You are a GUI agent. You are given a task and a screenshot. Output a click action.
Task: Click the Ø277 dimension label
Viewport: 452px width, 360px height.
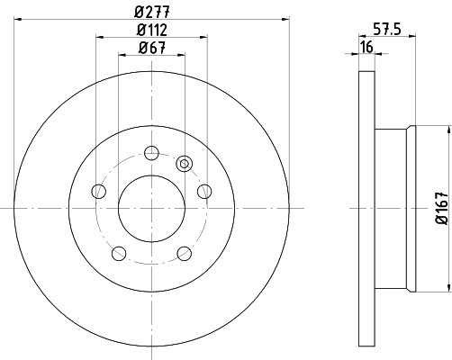click(x=152, y=12)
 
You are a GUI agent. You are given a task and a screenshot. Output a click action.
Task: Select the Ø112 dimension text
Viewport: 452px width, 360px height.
click(x=152, y=30)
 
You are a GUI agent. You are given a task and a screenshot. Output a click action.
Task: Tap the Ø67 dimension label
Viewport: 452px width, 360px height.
click(x=152, y=48)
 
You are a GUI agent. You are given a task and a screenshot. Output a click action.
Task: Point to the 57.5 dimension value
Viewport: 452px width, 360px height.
click(x=387, y=30)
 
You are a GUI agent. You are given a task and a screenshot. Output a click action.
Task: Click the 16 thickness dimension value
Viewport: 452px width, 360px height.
click(x=366, y=47)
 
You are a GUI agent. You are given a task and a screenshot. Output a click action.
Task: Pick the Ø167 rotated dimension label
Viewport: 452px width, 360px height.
click(x=442, y=209)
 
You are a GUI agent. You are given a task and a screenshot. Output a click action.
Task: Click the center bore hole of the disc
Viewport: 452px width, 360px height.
click(x=151, y=209)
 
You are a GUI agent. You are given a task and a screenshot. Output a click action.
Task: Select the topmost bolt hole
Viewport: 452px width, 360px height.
click(x=151, y=153)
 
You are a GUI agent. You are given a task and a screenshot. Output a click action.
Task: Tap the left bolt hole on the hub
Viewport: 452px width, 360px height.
click(x=99, y=191)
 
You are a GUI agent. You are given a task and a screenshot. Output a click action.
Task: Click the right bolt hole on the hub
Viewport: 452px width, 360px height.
click(x=204, y=191)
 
